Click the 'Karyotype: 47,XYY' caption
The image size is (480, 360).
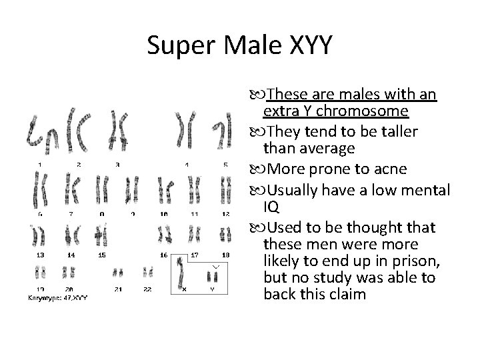coord(58,297)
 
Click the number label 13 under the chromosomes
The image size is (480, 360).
coord(41,255)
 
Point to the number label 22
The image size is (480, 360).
coord(147,289)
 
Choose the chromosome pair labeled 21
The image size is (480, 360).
coord(118,273)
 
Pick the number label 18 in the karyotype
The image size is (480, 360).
coord(225,255)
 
